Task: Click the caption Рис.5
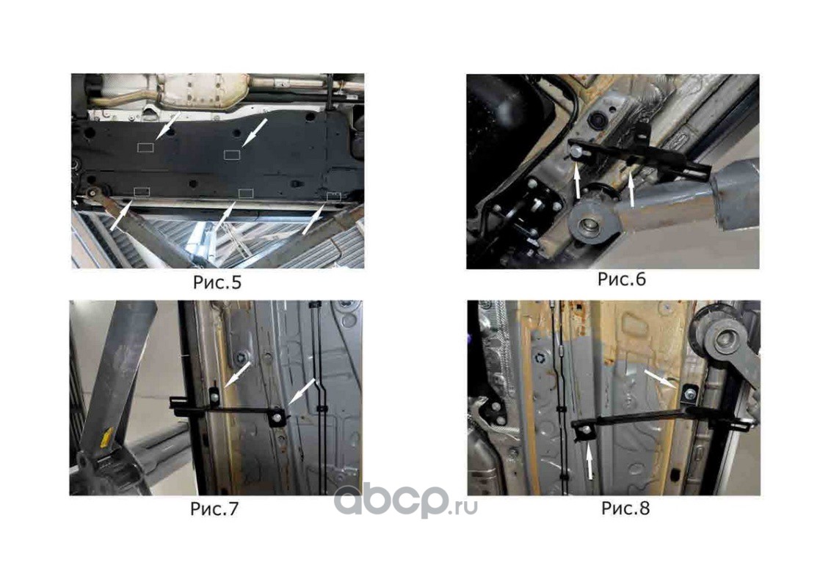coord(217,282)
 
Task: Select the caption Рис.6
coord(622,280)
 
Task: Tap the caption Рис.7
coord(214,509)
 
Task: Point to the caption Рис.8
coord(625,508)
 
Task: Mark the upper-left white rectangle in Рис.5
coord(146,147)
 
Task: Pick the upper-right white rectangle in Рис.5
coord(232,155)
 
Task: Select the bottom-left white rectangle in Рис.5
coord(142,192)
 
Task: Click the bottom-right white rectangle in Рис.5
coord(334,197)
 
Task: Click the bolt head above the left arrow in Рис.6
coord(576,153)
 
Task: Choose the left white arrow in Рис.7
coord(237,375)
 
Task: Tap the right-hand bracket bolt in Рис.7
coord(277,417)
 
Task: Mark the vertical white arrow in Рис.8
coord(589,461)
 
